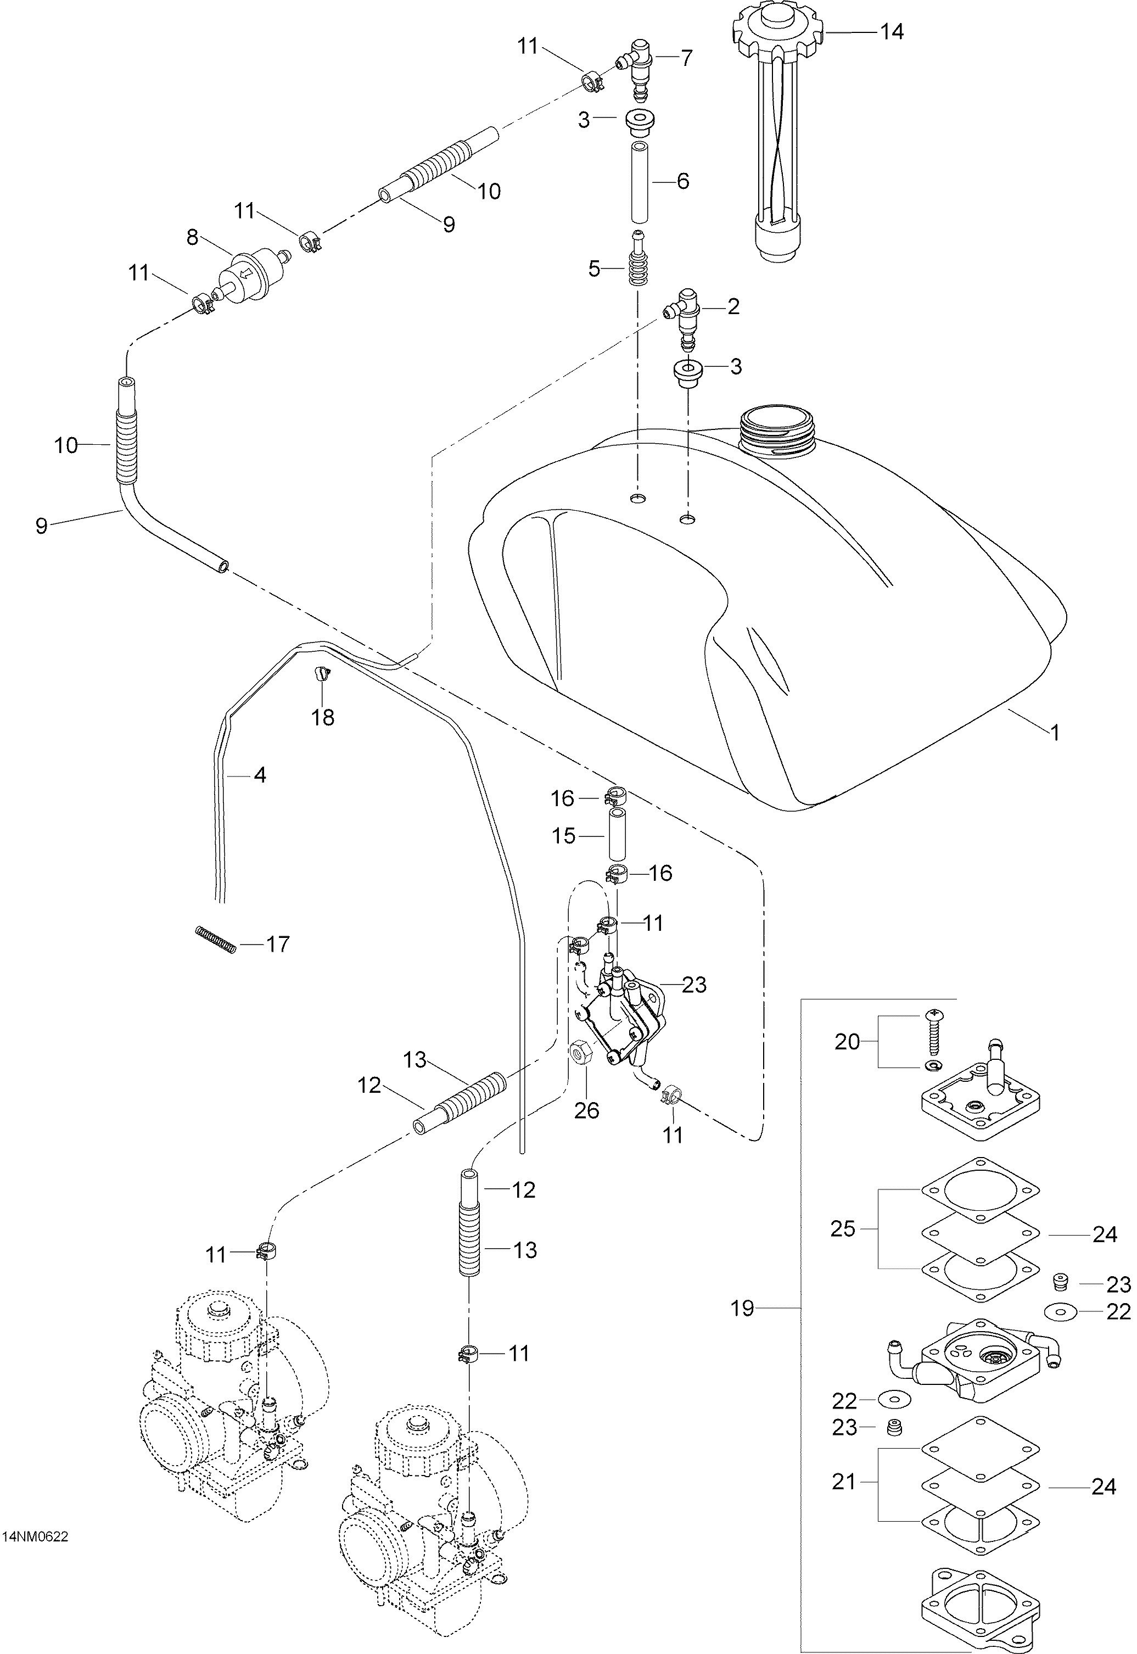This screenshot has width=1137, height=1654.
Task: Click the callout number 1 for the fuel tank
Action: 1055,732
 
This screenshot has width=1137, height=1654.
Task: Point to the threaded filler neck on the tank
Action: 778,433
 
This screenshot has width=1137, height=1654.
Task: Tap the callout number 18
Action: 323,718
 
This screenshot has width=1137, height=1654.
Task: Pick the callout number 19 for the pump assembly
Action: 742,1309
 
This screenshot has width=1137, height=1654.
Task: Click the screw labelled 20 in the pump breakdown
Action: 931,1032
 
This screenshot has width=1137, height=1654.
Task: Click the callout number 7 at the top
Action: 686,58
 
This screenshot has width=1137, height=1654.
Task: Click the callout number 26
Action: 587,1110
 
